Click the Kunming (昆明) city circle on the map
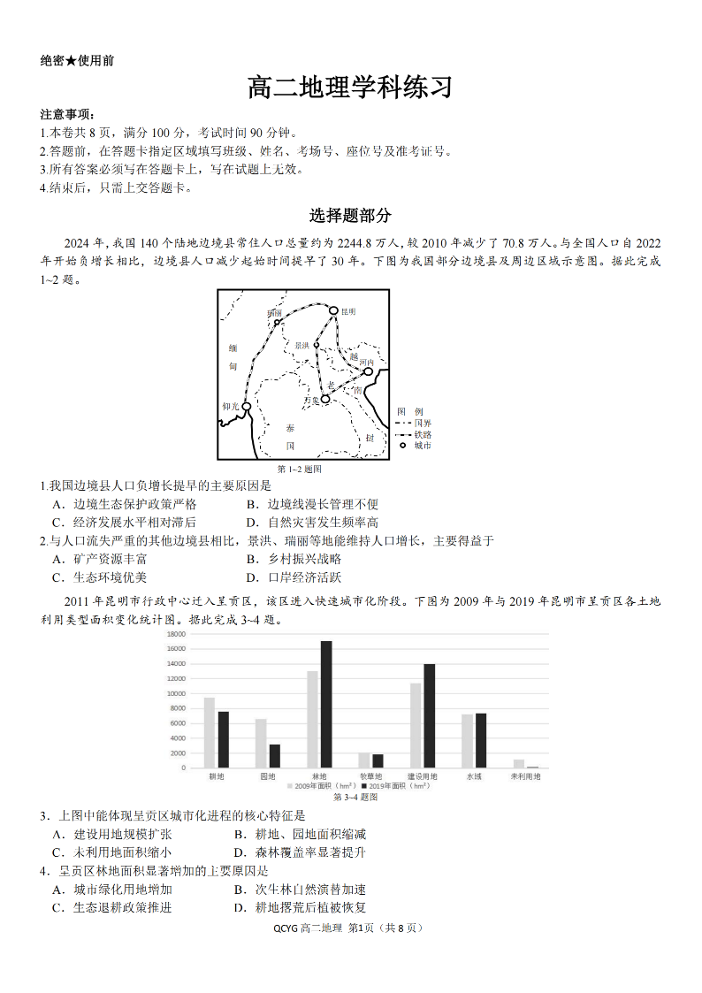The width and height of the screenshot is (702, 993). [333, 310]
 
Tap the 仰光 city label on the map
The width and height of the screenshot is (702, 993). [231, 407]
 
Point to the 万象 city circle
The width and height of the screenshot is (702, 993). [325, 400]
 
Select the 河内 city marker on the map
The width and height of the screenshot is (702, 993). [369, 371]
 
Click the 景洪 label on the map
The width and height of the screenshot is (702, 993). [302, 345]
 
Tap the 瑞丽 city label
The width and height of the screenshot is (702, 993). [274, 313]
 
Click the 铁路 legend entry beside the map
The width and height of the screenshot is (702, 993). [423, 434]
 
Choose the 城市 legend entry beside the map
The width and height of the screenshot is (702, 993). [423, 446]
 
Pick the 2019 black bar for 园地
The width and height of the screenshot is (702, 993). [275, 755]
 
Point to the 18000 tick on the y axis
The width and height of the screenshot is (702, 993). [175, 634]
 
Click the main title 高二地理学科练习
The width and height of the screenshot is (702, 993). [350, 88]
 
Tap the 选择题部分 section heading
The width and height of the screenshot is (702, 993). [350, 216]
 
